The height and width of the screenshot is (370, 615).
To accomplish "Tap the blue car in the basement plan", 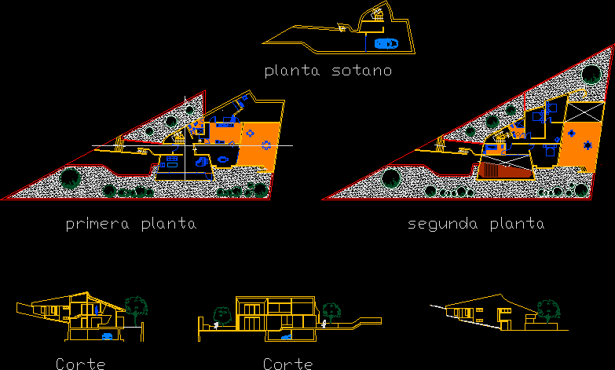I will pyautogui.click(x=385, y=43).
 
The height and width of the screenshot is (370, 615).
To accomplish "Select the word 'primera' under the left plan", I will pyautogui.click(x=98, y=224).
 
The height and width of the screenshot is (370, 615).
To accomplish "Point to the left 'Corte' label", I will pyautogui.click(x=81, y=364).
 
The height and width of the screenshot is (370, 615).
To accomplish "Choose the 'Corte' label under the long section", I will pyautogui.click(x=288, y=364).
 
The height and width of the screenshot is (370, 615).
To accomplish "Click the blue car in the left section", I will pyautogui.click(x=108, y=336).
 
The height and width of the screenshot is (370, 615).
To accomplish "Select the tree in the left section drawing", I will pyautogui.click(x=137, y=306).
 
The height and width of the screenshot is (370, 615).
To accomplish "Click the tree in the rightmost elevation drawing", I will pyautogui.click(x=547, y=309).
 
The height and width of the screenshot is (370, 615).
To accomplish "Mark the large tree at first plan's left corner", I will pyautogui.click(x=71, y=178).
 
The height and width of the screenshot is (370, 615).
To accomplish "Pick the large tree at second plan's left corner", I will pyautogui.click(x=390, y=178).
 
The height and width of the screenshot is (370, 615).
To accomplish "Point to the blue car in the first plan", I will pyautogui.click(x=203, y=161).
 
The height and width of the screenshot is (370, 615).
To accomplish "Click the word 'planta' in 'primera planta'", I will pyautogui.click(x=168, y=224).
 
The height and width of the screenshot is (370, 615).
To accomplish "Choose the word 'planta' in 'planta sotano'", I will pyautogui.click(x=293, y=71).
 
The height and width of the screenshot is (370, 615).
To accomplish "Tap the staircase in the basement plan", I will pyautogui.click(x=378, y=13).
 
